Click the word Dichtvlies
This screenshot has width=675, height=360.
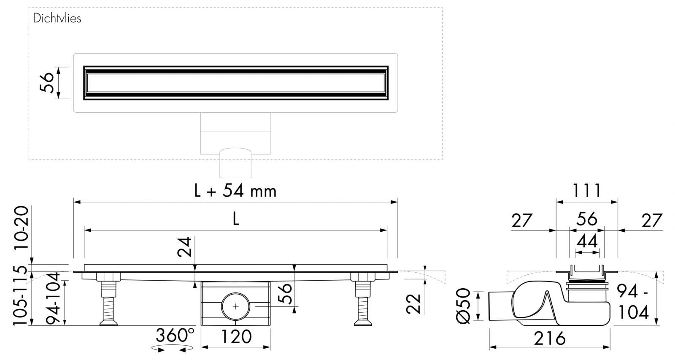click(x=57, y=19)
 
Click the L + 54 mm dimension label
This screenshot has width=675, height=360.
click(x=235, y=191)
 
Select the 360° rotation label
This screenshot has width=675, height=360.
click(x=175, y=336)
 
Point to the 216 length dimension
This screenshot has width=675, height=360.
click(x=549, y=338)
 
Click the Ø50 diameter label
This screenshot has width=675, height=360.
click(x=463, y=306)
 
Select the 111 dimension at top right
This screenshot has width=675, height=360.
click(x=587, y=191)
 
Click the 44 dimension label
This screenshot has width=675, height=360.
click(x=587, y=241)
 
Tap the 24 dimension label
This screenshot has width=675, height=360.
click(x=186, y=247)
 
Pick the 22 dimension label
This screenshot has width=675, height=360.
click(x=414, y=303)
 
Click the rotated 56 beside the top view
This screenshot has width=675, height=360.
click(x=47, y=83)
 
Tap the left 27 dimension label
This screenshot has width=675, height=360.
click(x=522, y=220)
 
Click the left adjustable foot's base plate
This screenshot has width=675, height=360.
click(x=108, y=324)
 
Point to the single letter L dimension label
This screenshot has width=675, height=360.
click(x=235, y=219)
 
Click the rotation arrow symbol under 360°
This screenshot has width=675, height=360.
click(x=172, y=348)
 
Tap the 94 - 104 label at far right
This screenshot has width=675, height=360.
click(x=633, y=301)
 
